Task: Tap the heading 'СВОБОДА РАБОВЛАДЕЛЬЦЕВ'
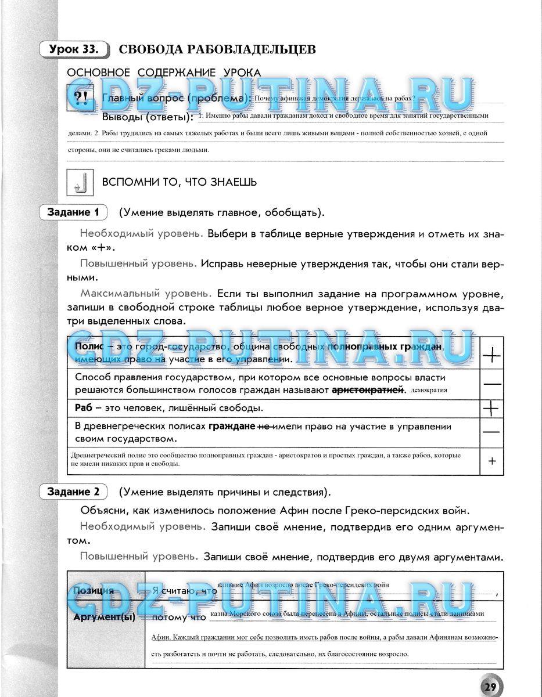click(x=217, y=50)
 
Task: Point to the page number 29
click(x=490, y=687)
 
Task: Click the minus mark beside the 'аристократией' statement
click(x=491, y=384)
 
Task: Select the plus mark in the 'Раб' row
click(x=491, y=409)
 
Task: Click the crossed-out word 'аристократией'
click(x=367, y=391)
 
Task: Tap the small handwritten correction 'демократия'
click(x=429, y=391)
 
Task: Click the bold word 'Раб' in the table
click(x=84, y=408)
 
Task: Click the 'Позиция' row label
click(x=94, y=591)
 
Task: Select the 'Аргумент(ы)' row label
click(x=105, y=617)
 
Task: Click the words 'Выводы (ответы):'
click(x=148, y=118)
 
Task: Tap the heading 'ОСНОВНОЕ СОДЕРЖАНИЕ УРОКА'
click(x=164, y=73)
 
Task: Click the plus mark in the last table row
click(x=491, y=461)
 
